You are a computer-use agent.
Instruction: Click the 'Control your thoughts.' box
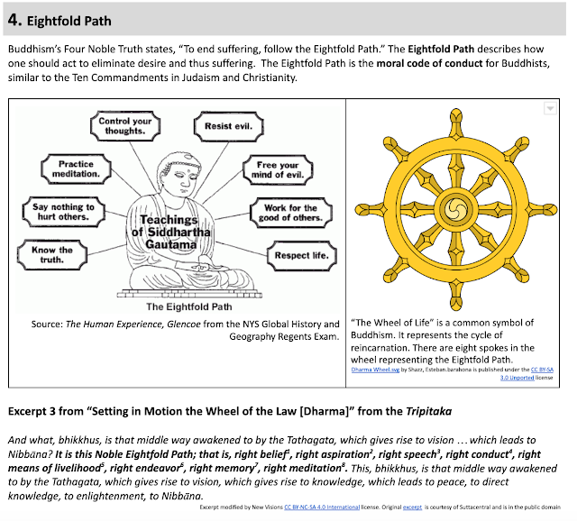point(125,126)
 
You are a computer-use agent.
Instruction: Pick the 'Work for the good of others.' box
point(290,213)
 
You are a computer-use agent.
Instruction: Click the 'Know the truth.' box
point(52,255)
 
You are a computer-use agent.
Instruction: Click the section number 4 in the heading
point(14,19)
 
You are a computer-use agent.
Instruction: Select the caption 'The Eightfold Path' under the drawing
point(178,306)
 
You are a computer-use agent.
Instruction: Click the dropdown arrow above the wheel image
point(549,108)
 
